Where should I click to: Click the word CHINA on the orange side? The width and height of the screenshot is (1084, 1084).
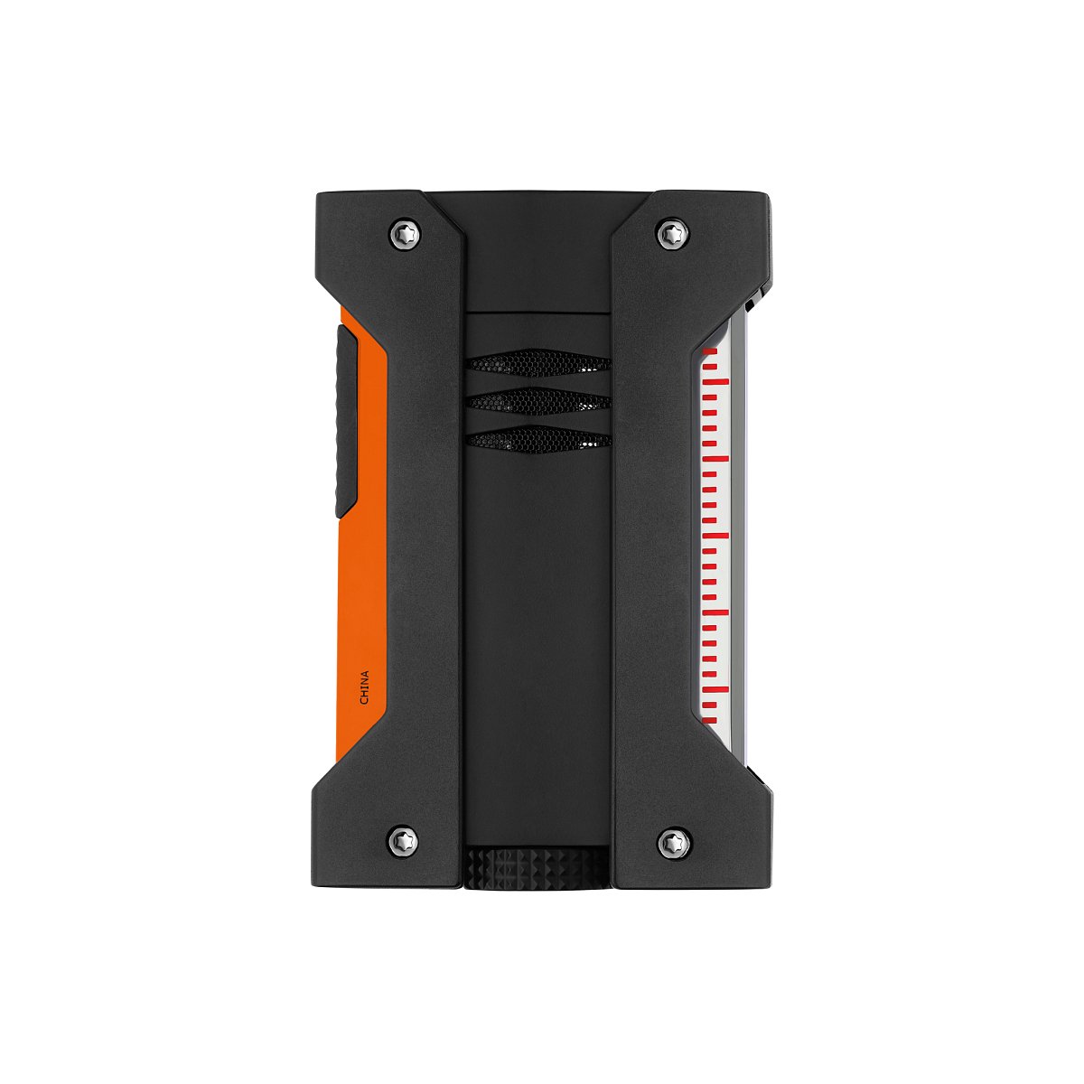(x=365, y=687)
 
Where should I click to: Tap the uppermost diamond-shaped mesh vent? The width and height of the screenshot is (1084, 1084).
(x=537, y=362)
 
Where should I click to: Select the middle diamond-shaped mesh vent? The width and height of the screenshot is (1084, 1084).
(x=537, y=400)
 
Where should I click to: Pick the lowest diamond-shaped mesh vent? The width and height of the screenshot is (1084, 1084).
(x=537, y=439)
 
